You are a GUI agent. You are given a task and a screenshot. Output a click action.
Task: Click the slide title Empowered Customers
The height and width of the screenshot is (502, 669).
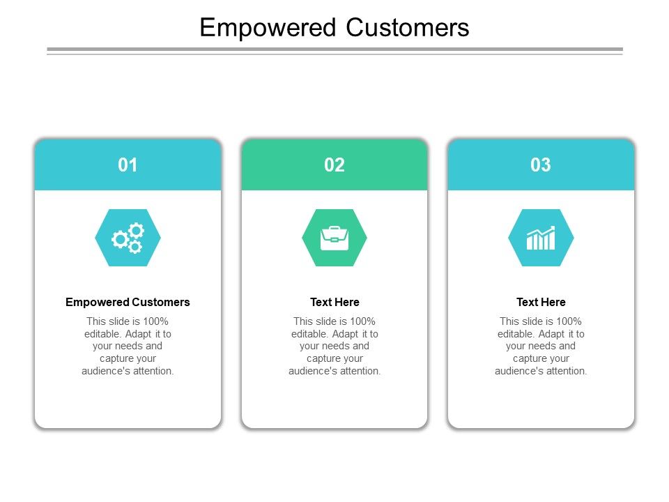334,28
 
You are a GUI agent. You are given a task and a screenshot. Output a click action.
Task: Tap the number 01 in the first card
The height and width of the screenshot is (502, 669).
128,165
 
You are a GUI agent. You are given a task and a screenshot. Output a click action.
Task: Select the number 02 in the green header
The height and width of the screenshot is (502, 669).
334,165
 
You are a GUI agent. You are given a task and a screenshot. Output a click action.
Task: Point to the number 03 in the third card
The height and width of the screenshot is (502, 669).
541,165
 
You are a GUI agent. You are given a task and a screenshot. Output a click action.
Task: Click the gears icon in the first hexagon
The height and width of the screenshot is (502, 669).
128,238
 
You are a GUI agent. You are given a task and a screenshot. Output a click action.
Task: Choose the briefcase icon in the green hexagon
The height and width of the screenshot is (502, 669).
334,238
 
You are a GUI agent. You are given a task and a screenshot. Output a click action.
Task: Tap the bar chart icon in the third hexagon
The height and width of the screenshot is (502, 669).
541,238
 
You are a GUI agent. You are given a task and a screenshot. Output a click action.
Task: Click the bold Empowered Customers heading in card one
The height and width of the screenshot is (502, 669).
128,302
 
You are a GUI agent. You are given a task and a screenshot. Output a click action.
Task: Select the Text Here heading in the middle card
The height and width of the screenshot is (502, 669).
334,302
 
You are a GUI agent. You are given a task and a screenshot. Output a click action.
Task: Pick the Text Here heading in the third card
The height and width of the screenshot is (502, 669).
541,302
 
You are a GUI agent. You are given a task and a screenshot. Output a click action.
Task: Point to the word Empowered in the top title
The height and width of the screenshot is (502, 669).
268,28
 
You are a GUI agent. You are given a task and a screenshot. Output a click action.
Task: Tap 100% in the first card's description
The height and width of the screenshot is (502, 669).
155,321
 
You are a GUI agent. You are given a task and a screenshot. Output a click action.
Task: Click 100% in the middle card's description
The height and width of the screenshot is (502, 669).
362,321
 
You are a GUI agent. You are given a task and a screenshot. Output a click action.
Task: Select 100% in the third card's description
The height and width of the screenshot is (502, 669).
568,321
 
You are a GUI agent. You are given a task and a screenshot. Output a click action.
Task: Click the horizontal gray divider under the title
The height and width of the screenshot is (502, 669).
334,50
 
